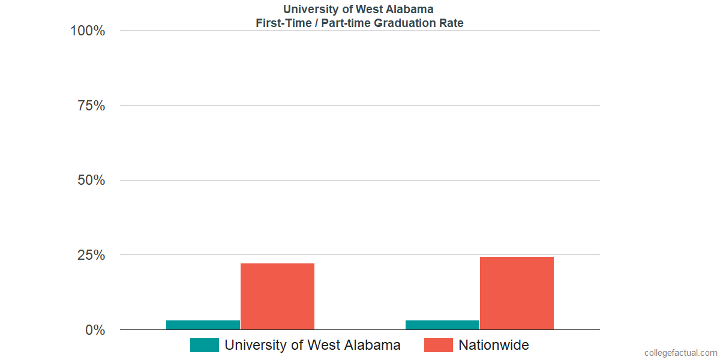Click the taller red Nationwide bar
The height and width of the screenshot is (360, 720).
click(x=517, y=293)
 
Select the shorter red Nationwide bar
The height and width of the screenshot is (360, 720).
click(x=277, y=296)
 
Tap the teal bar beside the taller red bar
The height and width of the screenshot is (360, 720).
click(x=442, y=325)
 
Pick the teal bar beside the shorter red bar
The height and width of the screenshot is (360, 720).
click(x=203, y=325)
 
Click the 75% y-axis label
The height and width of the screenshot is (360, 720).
click(x=91, y=106)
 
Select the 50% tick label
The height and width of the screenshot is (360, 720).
click(x=91, y=180)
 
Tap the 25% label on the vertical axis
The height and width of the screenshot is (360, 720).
click(x=91, y=255)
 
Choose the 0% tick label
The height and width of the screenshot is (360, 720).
click(x=95, y=330)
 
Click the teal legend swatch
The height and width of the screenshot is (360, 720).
click(x=204, y=345)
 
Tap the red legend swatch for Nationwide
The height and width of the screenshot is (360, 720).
click(x=438, y=345)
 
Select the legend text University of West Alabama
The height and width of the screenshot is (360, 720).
click(x=312, y=345)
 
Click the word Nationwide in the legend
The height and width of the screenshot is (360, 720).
click(x=494, y=345)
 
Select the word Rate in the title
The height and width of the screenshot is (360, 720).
click(x=451, y=23)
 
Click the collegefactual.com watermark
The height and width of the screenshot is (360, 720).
click(x=680, y=353)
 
